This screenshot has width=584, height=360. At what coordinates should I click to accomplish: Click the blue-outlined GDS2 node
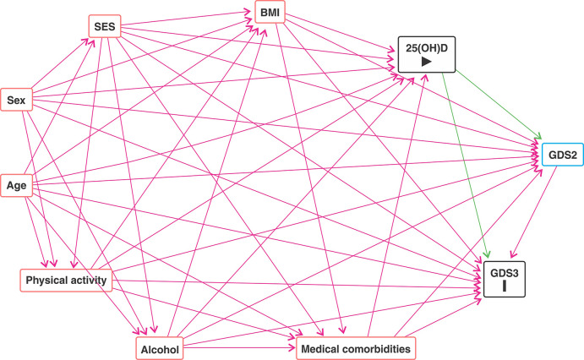pos(555,156)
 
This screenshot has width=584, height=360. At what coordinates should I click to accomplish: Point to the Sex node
pos(15,101)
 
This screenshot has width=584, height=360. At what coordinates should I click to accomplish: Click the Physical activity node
pos(66,280)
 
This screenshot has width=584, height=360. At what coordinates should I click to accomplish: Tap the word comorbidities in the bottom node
pos(375,348)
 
